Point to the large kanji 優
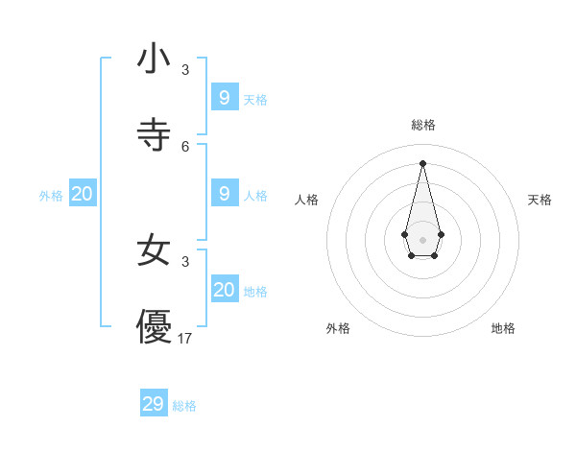point(154,326)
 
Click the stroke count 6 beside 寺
point(185,146)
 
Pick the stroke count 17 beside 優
point(185,338)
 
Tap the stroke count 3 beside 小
point(185,70)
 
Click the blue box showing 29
point(154,404)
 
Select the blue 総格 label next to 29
point(184,406)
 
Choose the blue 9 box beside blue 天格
point(225,97)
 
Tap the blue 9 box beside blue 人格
point(225,193)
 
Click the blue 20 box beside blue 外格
point(83,193)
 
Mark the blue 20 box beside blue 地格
point(225,289)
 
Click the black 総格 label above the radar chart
point(423,125)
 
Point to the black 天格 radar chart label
point(540,200)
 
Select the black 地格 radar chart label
point(503,328)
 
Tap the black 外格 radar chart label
point(338,328)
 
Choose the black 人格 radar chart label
point(306,200)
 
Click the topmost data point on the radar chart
point(422,162)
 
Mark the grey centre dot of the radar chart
point(422,239)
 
